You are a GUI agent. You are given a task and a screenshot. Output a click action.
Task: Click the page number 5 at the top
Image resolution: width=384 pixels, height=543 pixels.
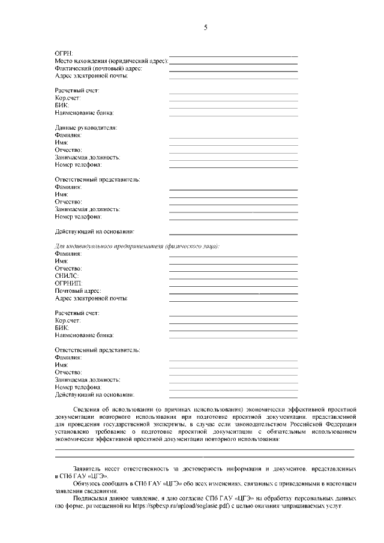click(x=205, y=28)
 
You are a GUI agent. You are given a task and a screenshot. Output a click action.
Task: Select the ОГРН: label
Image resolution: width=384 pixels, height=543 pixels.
click(x=64, y=54)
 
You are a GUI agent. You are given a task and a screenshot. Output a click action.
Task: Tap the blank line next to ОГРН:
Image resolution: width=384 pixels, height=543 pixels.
click(x=233, y=56)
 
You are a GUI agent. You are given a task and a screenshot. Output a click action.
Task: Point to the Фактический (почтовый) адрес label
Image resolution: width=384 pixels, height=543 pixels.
click(x=98, y=68)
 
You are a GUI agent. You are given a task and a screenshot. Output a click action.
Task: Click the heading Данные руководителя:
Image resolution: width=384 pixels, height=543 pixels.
click(x=86, y=128)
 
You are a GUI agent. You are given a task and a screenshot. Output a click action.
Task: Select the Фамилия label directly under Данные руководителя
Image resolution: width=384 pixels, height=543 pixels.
click(x=68, y=136)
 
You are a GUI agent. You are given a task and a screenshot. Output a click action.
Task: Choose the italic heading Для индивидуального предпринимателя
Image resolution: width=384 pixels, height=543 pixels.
click(x=137, y=247)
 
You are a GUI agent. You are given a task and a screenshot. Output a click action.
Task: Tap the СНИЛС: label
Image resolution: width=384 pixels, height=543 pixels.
click(x=67, y=276)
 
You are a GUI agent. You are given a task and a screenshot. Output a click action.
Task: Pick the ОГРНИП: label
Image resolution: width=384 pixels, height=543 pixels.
click(x=69, y=283)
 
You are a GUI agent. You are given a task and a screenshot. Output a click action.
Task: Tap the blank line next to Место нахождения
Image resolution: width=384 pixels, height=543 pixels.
click(x=234, y=64)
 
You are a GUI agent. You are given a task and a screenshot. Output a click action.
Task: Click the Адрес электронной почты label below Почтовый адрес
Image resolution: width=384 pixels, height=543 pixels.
click(x=91, y=298)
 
